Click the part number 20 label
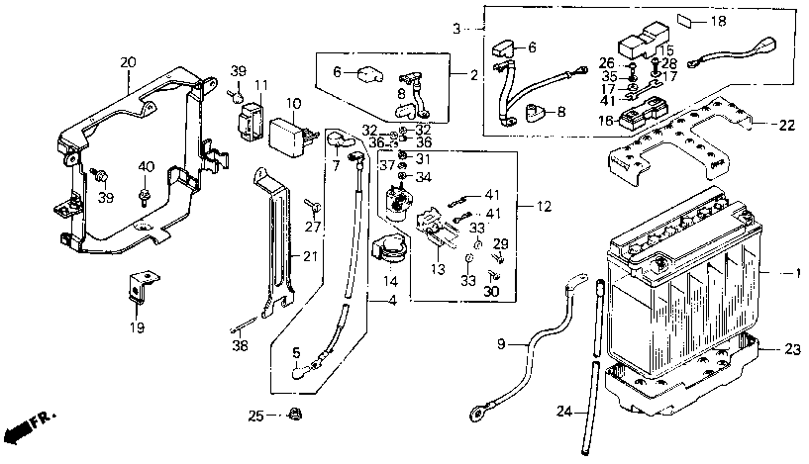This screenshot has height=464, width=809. click(128, 63)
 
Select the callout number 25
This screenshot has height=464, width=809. click(255, 416)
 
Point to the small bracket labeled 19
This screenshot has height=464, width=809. click(140, 286)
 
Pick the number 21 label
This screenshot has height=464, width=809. click(310, 255)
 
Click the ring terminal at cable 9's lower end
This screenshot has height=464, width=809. click(476, 412)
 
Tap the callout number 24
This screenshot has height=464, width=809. click(565, 412)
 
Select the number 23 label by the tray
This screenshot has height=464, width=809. click(792, 350)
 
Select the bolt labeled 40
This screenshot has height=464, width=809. click(143, 197)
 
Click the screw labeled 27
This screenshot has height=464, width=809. click(312, 206)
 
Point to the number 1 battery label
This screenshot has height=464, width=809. click(798, 272)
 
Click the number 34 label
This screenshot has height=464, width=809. click(424, 177)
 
